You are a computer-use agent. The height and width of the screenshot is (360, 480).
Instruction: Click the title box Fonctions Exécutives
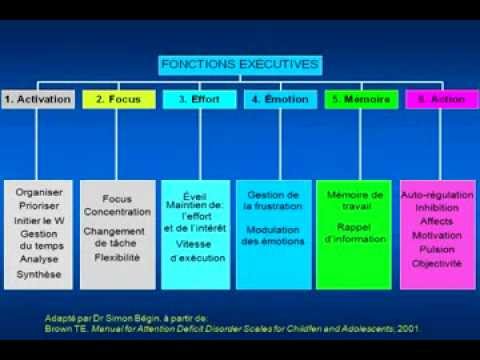(x=239, y=65)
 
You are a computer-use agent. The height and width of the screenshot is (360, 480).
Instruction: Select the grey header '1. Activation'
(x=38, y=100)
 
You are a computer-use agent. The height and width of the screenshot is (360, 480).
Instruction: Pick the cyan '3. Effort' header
(x=198, y=100)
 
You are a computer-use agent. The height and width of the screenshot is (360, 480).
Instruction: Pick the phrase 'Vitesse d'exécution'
(x=196, y=252)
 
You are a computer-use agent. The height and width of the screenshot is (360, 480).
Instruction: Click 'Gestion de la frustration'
(x=275, y=200)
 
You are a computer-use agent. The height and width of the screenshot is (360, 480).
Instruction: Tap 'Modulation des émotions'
(x=275, y=235)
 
